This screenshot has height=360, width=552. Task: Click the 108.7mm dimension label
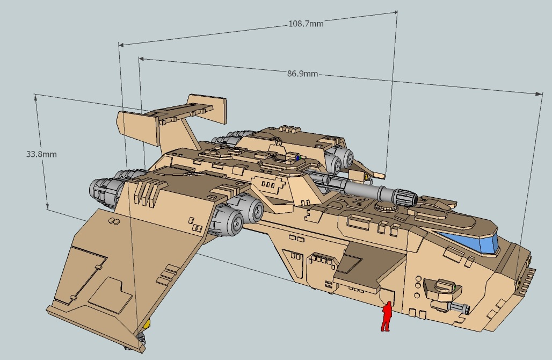pyautogui.click(x=306, y=24)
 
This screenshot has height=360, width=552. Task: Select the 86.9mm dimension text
pyautogui.click(x=302, y=73)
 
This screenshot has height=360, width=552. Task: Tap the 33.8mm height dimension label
pyautogui.click(x=41, y=154)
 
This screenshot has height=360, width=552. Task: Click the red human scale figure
pyautogui.click(x=386, y=316)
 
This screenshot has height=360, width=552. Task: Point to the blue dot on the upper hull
pyautogui.click(x=296, y=159)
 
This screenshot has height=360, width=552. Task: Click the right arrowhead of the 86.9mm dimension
pyautogui.click(x=541, y=95)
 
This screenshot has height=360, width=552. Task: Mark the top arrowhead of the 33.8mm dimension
pyautogui.click(x=36, y=96)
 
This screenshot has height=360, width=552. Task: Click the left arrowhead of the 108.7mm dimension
pyautogui.click(x=120, y=45)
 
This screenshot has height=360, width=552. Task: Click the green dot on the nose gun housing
pyautogui.click(x=455, y=288)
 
